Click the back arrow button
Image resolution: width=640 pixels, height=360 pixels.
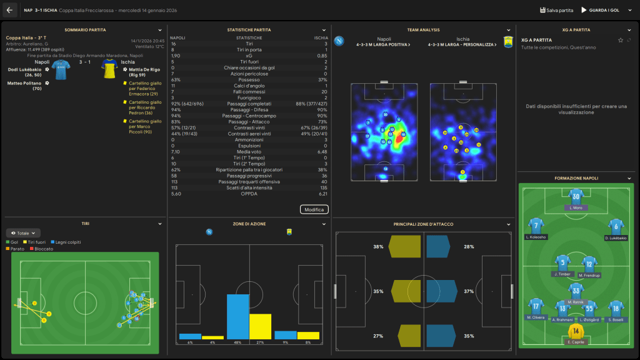tap(9, 10)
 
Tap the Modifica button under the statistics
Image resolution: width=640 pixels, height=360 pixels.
tap(314, 209)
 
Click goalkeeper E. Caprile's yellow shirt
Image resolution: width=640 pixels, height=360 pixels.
tap(575, 331)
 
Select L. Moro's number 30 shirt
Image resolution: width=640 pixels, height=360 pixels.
tap(576, 197)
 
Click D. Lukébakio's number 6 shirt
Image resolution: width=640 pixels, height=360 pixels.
tap(615, 226)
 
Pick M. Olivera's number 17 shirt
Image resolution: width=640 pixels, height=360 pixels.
tap(536, 306)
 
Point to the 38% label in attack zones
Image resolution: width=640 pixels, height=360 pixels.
tap(378, 247)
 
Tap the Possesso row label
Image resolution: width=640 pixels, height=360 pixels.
tap(249, 79)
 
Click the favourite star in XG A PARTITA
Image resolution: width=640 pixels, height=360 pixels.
tap(620, 40)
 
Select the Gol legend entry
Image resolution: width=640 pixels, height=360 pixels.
tap(13, 242)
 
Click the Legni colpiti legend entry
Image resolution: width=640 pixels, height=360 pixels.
tap(66, 242)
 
